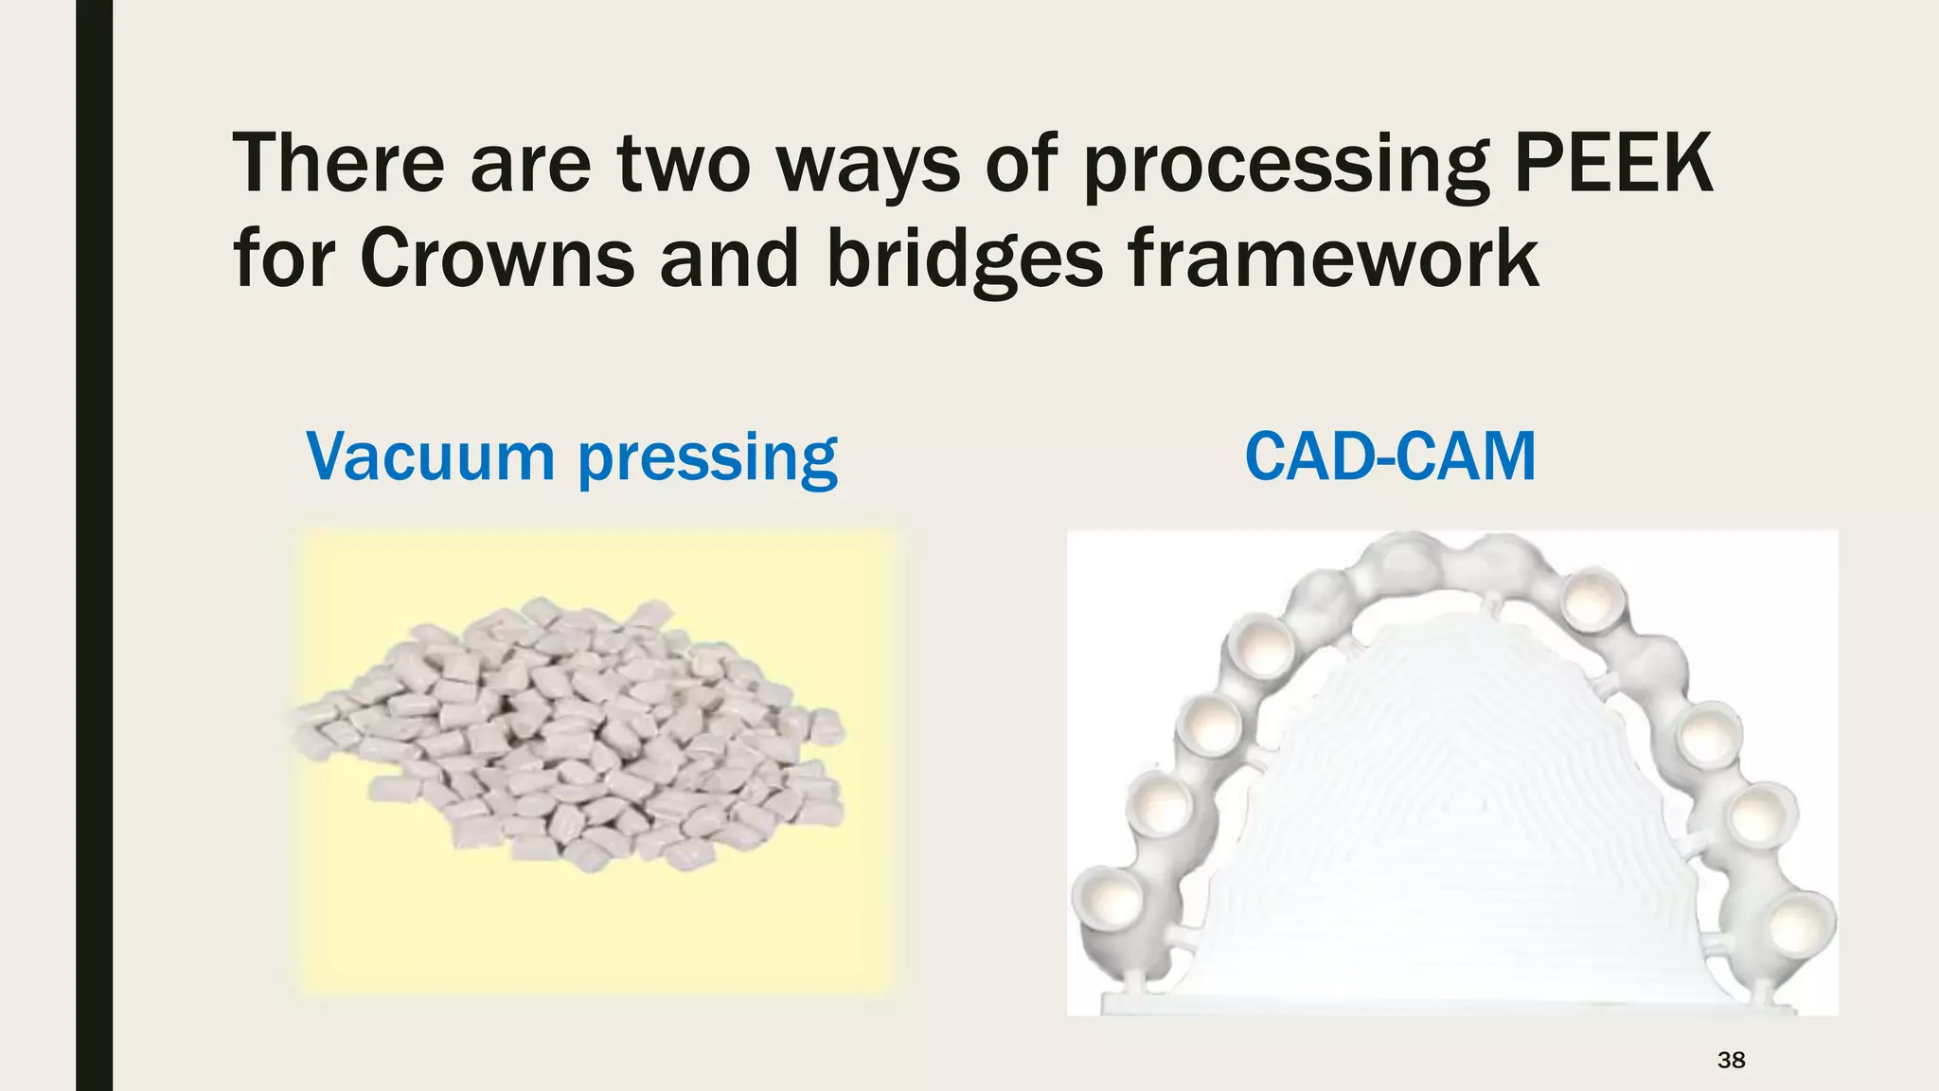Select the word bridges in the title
tap(965, 259)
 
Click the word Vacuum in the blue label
tap(430, 456)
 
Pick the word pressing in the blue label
tap(707, 460)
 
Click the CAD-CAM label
tap(1389, 456)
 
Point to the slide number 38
tap(1731, 1060)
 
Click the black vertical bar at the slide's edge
tap(94, 545)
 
